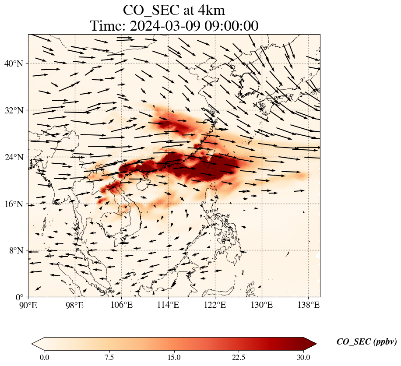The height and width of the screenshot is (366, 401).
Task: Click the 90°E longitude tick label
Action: click(29, 305)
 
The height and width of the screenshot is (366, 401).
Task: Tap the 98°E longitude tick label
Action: click(75, 305)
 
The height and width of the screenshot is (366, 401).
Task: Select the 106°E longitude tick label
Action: click(122, 305)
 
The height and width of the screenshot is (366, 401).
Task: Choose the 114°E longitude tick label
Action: click(169, 305)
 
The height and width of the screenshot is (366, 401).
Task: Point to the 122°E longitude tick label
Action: click(215, 305)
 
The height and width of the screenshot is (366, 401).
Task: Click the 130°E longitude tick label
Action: click(262, 305)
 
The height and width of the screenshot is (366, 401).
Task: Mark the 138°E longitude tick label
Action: click(308, 305)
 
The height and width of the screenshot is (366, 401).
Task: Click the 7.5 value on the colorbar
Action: click(109, 357)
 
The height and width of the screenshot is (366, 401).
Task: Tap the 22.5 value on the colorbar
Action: click(239, 357)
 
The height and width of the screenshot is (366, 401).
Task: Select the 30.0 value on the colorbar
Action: click(304, 357)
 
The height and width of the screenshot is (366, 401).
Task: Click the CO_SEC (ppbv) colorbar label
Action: click(366, 342)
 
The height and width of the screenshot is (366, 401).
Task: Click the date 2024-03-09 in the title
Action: click(162, 26)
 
